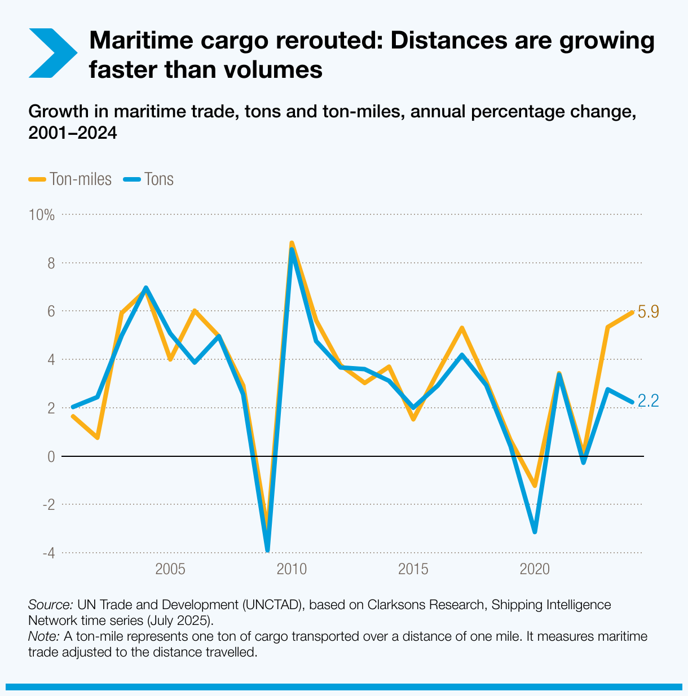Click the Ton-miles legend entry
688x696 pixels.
tap(70, 179)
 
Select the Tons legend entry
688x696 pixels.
tap(149, 179)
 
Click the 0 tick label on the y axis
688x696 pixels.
tap(51, 456)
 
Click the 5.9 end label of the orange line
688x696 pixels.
tap(648, 312)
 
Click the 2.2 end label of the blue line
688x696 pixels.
tap(648, 401)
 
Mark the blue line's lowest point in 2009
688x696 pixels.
tap(267, 549)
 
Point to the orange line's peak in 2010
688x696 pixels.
tap(292, 243)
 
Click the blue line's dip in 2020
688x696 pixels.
tap(535, 531)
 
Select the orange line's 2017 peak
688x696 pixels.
tap(462, 328)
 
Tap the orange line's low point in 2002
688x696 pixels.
tap(98, 437)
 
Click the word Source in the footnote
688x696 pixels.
tap(50, 605)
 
